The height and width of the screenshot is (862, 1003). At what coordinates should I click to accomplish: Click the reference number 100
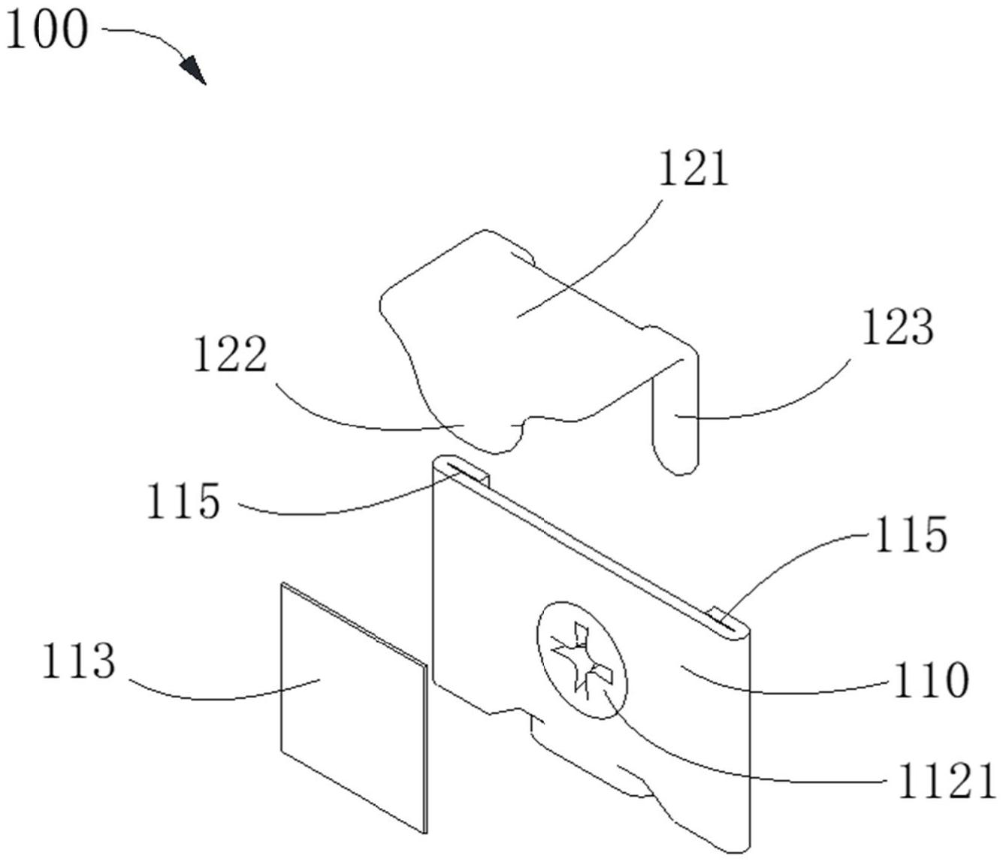47,30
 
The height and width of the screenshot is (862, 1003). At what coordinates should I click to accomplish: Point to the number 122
231,354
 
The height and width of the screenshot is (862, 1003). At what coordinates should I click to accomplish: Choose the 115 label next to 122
184,501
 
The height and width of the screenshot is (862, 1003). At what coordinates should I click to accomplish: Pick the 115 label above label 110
911,534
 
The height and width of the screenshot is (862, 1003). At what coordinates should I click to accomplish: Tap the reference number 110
931,680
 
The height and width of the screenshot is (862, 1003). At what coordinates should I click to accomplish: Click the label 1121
946,780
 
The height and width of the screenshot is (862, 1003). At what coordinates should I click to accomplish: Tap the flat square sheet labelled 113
354,708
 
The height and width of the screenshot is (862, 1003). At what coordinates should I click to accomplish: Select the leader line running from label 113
223,691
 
